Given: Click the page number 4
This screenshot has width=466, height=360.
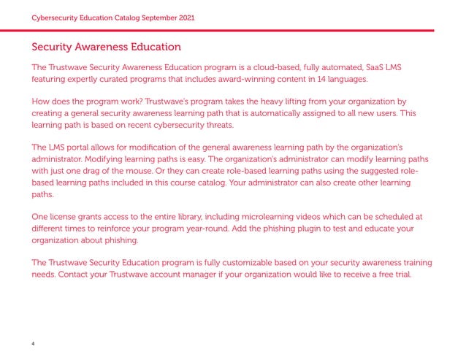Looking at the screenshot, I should pos(33,342).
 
